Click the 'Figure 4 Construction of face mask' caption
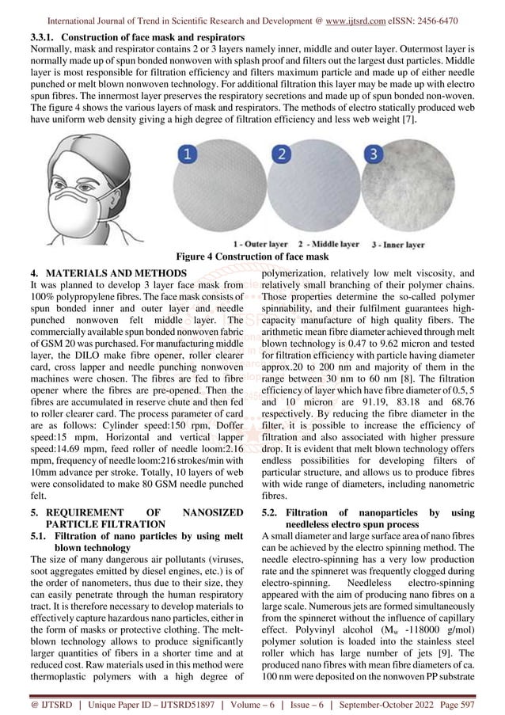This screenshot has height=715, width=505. pos(252,257)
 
